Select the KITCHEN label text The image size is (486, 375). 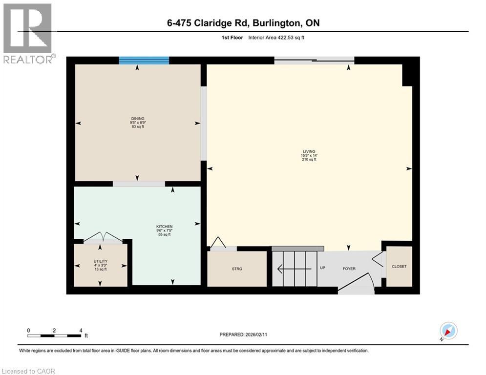click(164, 227)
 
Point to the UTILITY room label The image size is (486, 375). click(101, 261)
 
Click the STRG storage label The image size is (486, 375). click(237, 269)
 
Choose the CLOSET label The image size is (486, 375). click(399, 267)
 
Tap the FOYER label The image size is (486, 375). click(349, 269)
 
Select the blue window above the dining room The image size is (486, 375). click(144, 61)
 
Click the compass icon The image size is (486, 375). click(448, 331)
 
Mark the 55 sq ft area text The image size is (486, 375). click(164, 235)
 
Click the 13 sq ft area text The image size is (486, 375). click(101, 270)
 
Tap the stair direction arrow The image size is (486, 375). click(293, 268)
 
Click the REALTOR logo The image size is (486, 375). click(28, 34)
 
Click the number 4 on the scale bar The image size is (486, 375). click(81, 330)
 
